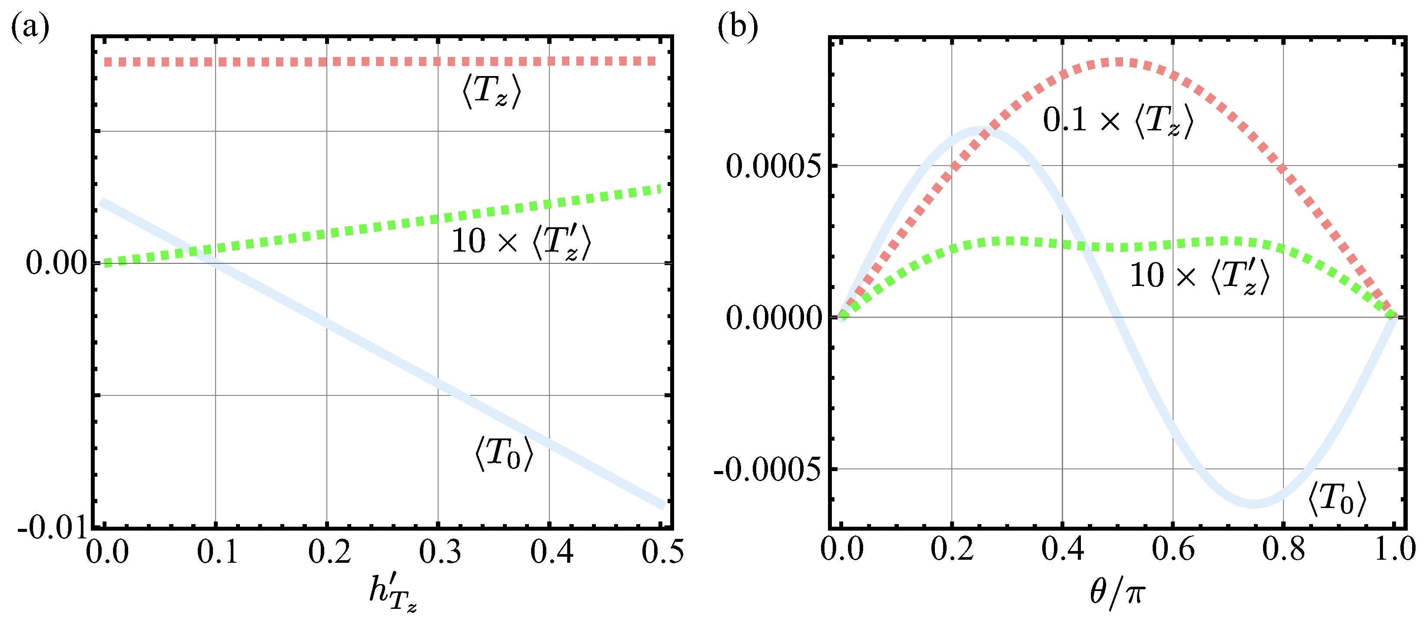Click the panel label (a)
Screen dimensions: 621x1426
[x=30, y=27]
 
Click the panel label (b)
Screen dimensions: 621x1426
[x=738, y=27]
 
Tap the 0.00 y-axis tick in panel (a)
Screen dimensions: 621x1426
[x=57, y=262]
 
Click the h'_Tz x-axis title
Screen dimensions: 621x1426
[x=392, y=593]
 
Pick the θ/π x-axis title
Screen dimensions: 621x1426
[x=1117, y=592]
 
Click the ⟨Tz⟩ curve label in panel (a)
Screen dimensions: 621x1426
[x=492, y=91]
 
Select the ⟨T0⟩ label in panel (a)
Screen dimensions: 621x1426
[x=504, y=454]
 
